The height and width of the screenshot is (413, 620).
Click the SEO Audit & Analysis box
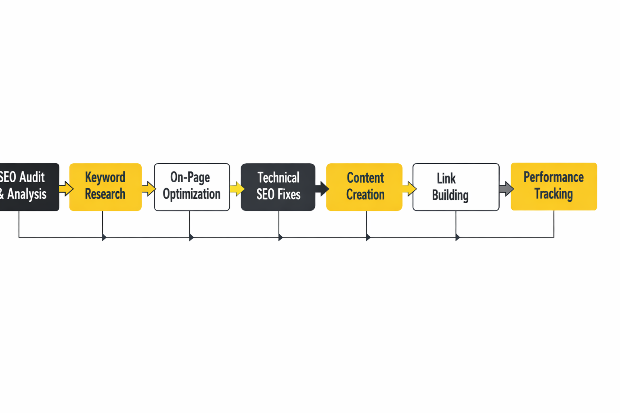(28, 187)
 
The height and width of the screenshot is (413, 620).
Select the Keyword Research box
(105, 187)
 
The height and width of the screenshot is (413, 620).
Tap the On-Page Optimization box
(192, 187)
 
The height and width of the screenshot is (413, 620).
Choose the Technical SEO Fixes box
(278, 187)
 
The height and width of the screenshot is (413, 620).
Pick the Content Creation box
(364, 187)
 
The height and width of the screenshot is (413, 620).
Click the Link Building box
(456, 187)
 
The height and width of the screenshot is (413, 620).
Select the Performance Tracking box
(553, 186)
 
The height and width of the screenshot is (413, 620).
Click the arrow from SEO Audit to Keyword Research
(66, 188)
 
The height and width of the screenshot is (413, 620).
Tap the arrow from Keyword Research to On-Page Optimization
(149, 188)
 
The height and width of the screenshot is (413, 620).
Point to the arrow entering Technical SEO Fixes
(237, 188)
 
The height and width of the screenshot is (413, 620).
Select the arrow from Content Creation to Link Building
(409, 188)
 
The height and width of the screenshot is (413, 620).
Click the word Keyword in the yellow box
(105, 177)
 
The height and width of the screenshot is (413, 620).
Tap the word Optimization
(191, 194)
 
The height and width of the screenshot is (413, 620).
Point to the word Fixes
(289, 194)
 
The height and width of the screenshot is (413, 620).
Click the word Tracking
(553, 194)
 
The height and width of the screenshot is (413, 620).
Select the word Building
(450, 195)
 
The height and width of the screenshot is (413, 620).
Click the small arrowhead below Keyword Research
(104, 237)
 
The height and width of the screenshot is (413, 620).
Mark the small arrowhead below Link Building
(457, 237)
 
